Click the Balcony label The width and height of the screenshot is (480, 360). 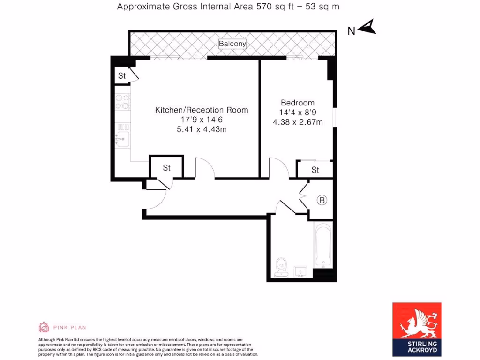tap(232, 44)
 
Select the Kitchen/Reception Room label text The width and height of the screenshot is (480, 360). tap(202, 110)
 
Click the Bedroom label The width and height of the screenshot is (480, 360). tap(298, 103)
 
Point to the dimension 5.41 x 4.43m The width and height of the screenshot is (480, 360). tap(202, 129)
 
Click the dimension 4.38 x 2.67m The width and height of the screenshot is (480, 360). tap(298, 122)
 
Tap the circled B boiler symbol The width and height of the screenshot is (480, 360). tap(322, 201)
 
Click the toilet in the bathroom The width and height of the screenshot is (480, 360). tap(281, 267)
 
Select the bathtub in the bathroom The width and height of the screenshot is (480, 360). tap(323, 246)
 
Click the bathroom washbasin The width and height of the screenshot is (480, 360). tap(300, 272)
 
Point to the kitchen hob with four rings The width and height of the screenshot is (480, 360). tap(123, 102)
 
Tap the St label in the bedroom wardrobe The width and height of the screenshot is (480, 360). tap(315, 170)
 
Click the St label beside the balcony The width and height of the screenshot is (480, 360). tap(121, 76)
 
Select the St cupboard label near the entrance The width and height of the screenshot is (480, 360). tap(166, 168)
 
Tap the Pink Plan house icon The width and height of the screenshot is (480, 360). tap(44, 327)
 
